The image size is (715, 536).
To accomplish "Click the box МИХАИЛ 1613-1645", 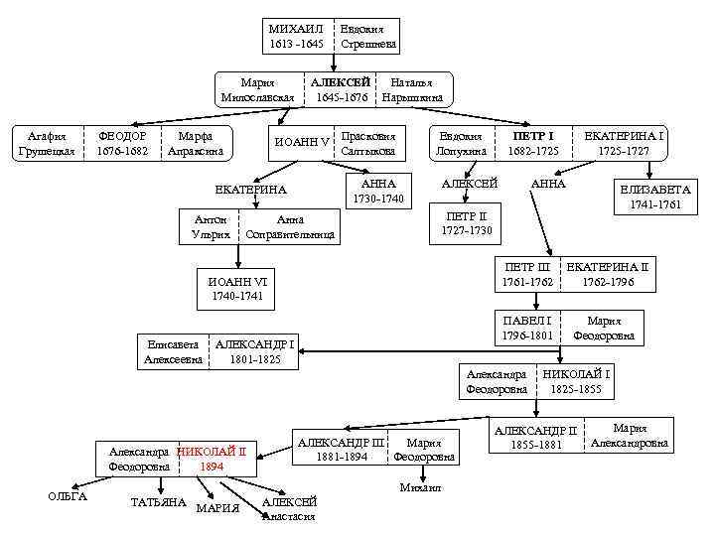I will tap(297, 36).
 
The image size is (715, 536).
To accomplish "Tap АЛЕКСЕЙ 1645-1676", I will tap(341, 89).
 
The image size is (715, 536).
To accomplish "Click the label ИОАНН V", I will tap(302, 143).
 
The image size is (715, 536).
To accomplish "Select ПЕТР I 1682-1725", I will tap(533, 143).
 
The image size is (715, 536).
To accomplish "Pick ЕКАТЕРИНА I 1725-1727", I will tap(624, 143).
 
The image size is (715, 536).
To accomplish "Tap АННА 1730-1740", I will tap(378, 191).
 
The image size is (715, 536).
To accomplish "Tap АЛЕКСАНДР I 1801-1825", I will tap(255, 351).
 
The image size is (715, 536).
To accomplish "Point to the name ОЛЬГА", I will tap(69, 496).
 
